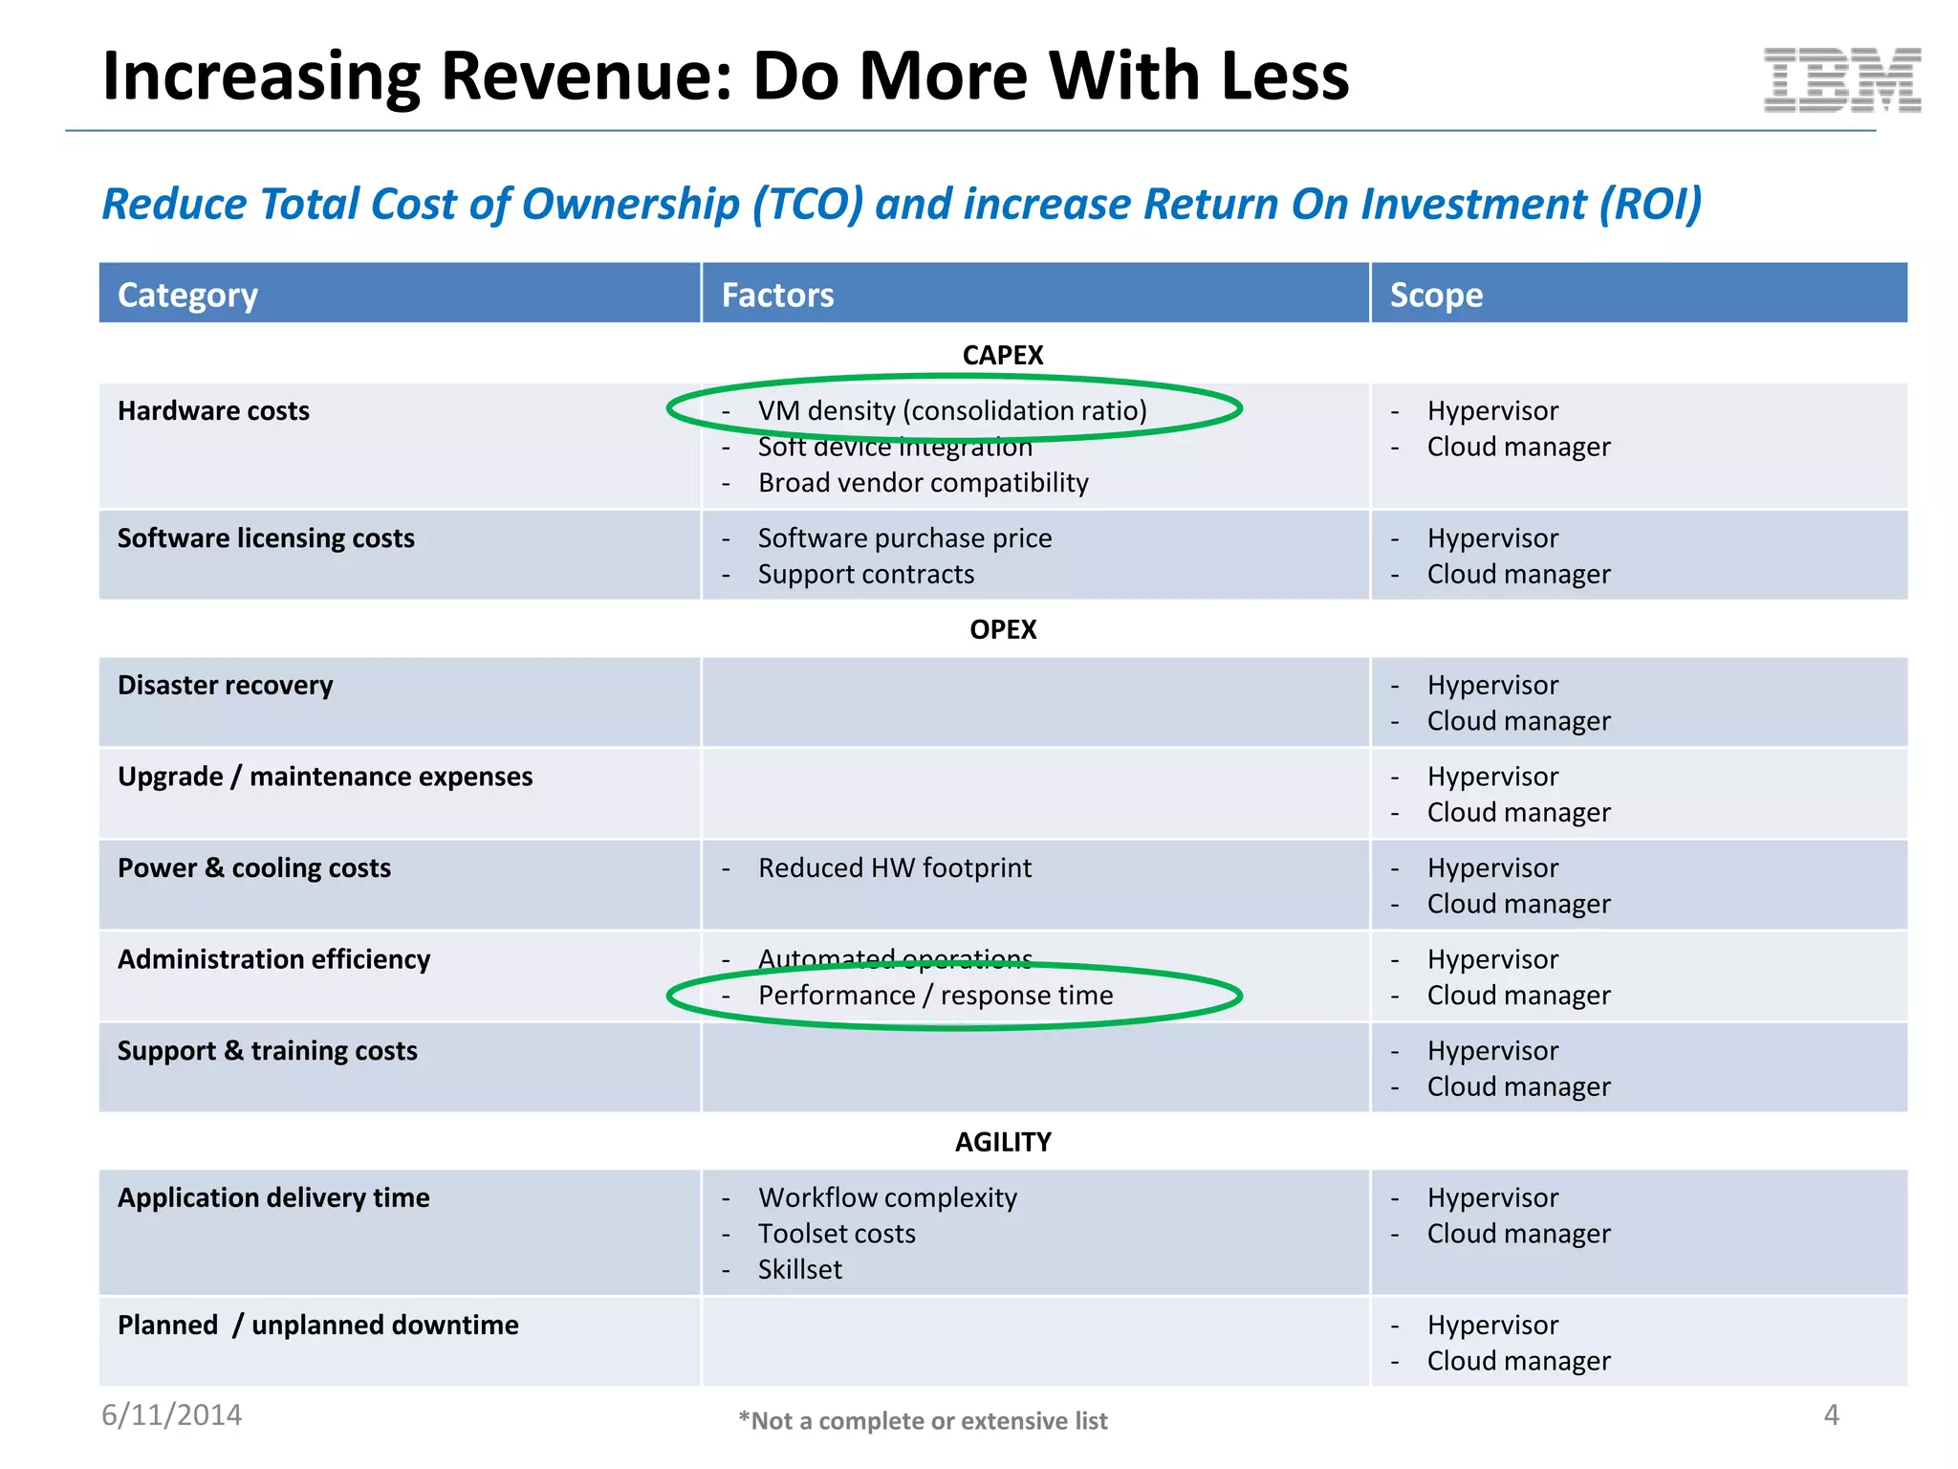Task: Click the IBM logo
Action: click(x=1841, y=80)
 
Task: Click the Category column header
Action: click(x=187, y=295)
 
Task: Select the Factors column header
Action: click(x=777, y=295)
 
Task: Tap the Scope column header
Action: click(x=1436, y=295)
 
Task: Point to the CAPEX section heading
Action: click(x=1002, y=356)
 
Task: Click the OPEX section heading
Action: click(x=1002, y=629)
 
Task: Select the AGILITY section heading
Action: click(x=1002, y=1142)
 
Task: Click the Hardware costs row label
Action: click(x=213, y=411)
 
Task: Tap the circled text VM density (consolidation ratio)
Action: click(x=952, y=411)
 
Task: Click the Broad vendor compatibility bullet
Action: click(x=923, y=483)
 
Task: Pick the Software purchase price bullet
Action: click(x=904, y=538)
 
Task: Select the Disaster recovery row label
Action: click(x=226, y=686)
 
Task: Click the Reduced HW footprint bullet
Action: click(x=895, y=868)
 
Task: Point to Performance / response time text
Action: click(x=935, y=996)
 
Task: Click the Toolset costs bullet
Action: click(x=837, y=1234)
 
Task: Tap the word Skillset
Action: click(x=800, y=1270)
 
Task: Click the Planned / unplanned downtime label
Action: click(x=317, y=1326)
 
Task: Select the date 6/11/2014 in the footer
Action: click(x=172, y=1415)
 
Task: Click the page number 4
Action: click(x=1831, y=1415)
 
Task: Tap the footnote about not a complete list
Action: click(x=923, y=1421)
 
